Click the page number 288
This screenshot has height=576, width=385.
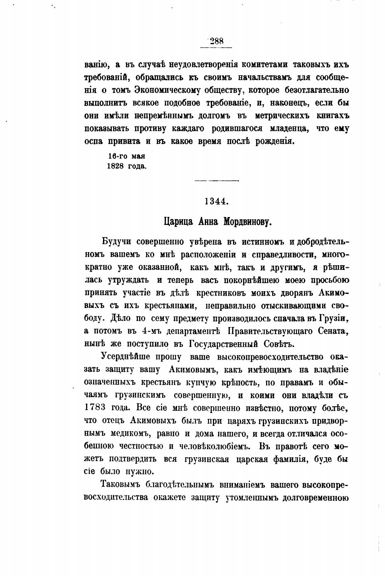(x=216, y=41)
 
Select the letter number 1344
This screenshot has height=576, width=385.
(x=216, y=201)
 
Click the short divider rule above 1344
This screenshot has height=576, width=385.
(x=216, y=181)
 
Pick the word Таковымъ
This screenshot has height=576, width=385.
(x=120, y=484)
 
